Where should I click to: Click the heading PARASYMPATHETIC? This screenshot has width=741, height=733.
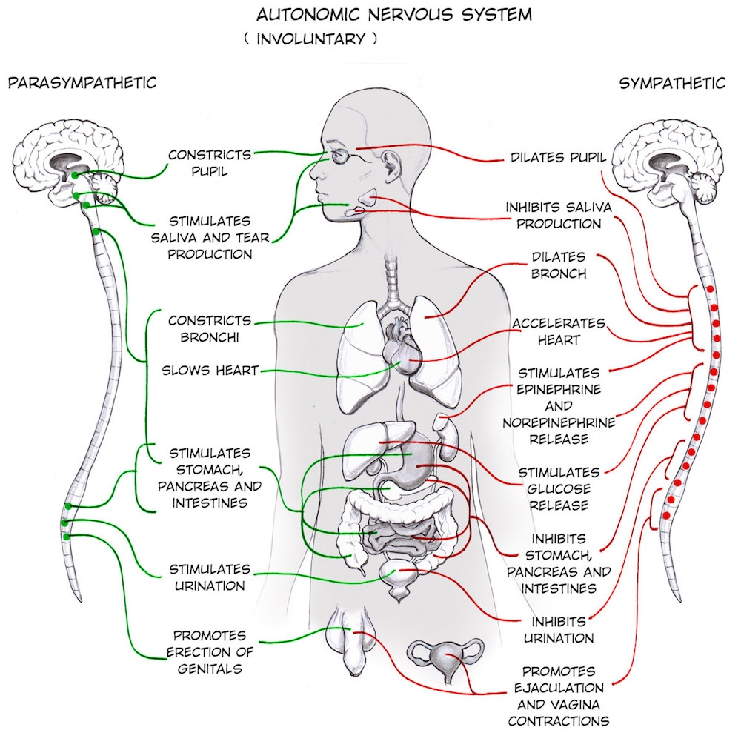click(82, 83)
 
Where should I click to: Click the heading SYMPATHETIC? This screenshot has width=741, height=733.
click(672, 83)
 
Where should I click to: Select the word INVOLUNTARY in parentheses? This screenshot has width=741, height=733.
click(310, 39)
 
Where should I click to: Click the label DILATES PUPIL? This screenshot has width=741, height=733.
click(558, 158)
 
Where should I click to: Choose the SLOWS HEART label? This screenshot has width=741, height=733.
click(210, 370)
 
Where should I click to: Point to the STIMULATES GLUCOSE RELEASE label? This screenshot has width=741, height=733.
click(559, 488)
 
